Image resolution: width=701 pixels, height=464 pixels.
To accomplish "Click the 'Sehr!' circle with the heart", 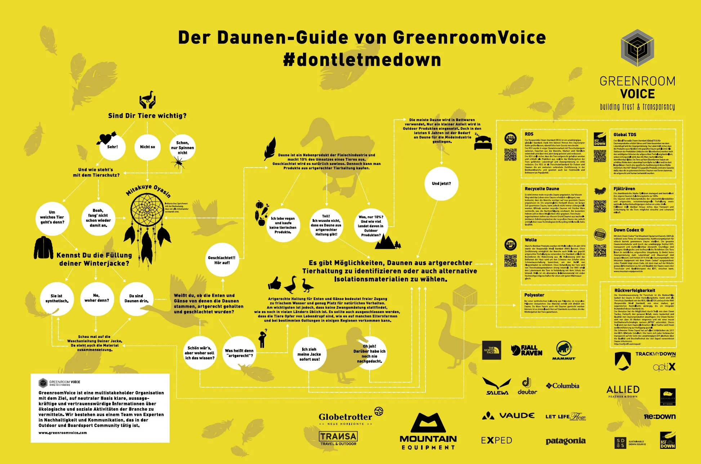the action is point(112,147).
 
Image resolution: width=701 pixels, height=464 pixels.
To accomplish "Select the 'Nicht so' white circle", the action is point(147,147).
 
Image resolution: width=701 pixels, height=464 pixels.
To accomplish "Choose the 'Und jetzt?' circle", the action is point(441,183).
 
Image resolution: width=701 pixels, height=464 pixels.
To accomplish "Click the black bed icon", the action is point(483,143).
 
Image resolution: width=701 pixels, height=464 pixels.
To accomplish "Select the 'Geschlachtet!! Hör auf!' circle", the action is point(222,260).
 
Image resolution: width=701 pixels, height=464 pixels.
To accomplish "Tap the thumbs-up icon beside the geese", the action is point(274,284).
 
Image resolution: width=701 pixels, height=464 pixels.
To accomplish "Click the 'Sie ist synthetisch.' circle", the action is point(57,299).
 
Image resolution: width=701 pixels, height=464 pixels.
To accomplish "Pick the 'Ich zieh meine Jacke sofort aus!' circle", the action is point(309,354).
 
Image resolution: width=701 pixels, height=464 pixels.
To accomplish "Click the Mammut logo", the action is point(564,350).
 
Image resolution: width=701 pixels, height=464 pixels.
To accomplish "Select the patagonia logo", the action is point(565,441).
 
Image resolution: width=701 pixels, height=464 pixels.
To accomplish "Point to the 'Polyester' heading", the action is point(534,295).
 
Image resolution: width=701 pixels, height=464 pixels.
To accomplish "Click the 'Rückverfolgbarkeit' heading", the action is point(634,290).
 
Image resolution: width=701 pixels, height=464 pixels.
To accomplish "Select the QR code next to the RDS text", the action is point(510,154).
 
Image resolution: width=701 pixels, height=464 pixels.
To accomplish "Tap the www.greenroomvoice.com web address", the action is point(63,433).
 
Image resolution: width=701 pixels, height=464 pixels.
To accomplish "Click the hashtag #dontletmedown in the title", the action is point(362,59).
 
